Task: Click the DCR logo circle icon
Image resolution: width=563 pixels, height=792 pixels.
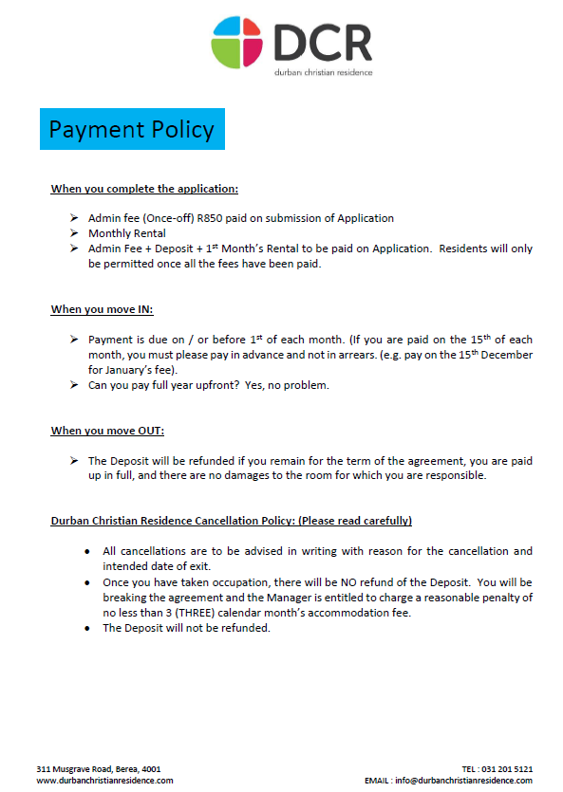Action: click(238, 43)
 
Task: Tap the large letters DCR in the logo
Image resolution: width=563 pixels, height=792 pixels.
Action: click(323, 43)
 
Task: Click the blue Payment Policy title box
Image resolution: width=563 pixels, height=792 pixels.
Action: click(132, 129)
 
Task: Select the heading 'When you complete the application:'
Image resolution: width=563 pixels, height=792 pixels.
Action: click(137, 189)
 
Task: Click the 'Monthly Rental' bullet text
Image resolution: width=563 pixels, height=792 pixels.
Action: click(126, 233)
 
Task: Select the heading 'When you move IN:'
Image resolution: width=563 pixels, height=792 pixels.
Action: click(102, 309)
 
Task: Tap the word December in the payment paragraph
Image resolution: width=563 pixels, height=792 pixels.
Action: click(510, 355)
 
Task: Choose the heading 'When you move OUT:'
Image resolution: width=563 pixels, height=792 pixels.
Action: click(107, 431)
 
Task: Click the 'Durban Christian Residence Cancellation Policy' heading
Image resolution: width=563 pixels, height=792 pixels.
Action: click(231, 521)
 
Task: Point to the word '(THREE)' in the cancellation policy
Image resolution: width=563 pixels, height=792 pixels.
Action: click(185, 612)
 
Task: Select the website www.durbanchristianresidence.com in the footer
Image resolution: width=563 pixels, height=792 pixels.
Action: click(104, 780)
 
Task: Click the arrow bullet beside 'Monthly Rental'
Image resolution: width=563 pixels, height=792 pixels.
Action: click(74, 233)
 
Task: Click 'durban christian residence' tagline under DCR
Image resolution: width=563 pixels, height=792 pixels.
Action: click(323, 72)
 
